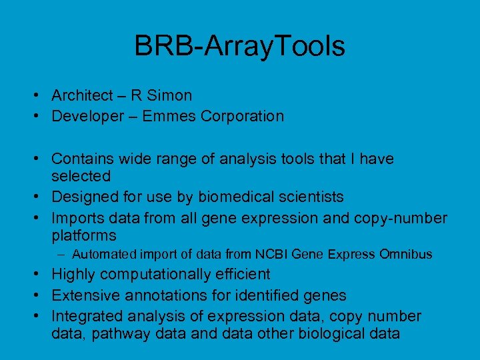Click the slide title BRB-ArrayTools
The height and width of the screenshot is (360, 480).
239,46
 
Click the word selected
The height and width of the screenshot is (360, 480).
81,176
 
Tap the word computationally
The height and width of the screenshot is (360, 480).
158,274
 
